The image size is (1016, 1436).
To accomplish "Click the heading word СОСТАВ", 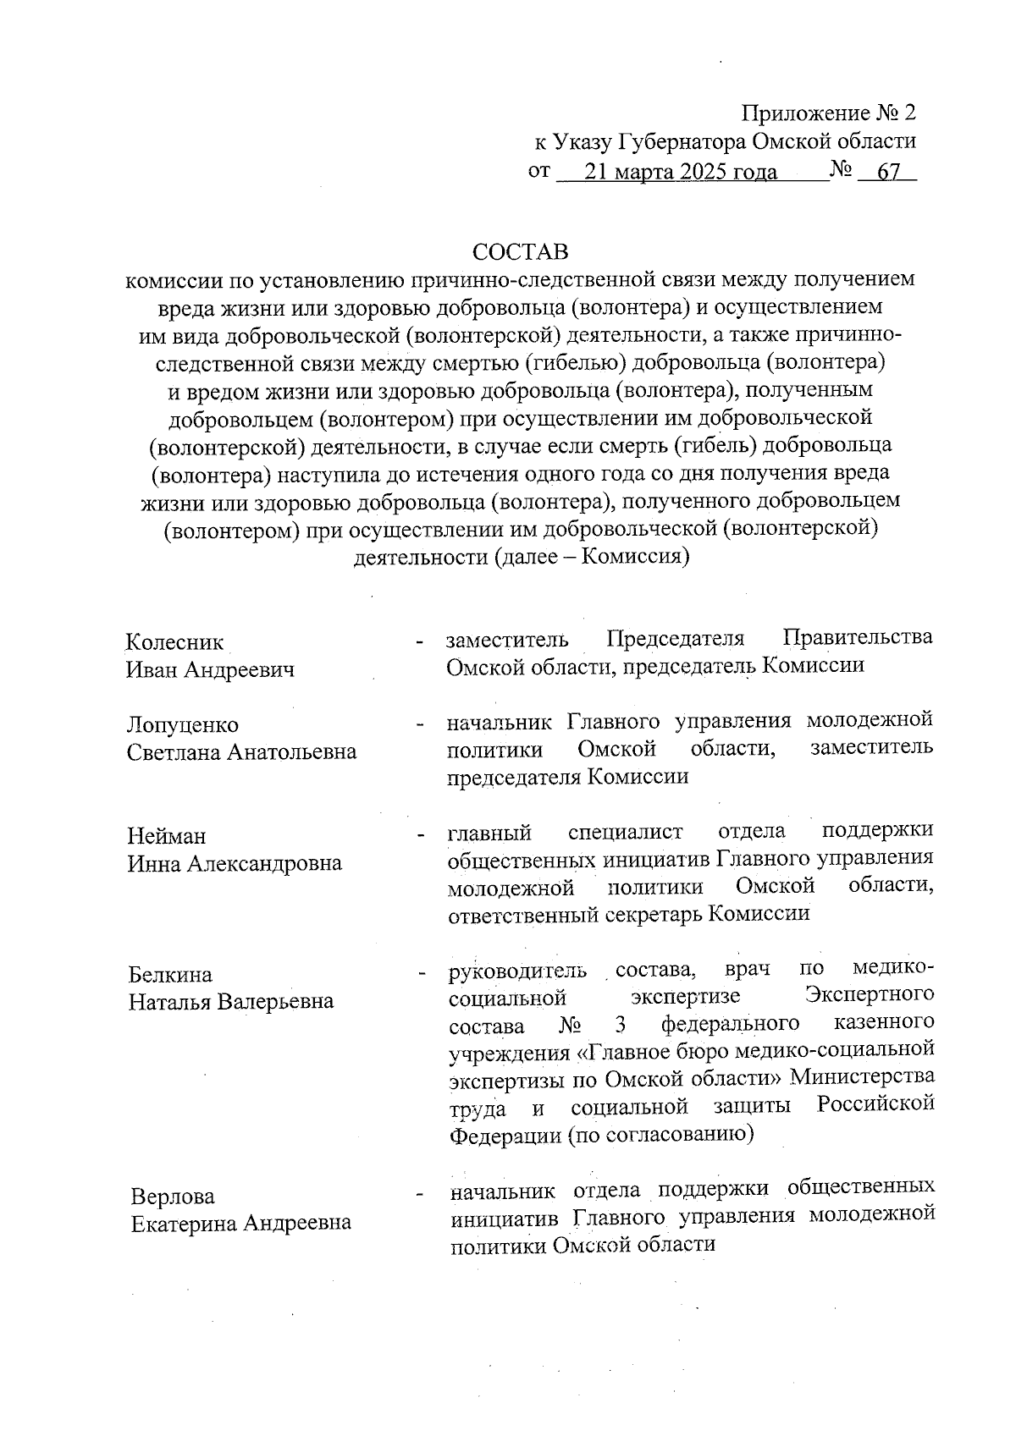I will point(521,252).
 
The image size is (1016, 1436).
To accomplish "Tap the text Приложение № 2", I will point(829,113).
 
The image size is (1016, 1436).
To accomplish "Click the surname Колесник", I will point(175,642).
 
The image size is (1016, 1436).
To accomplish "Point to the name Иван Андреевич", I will point(211,670).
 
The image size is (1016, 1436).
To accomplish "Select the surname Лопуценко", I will point(183,725).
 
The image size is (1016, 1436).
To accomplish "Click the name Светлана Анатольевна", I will point(242,752).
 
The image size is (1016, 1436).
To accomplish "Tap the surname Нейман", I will point(167,836).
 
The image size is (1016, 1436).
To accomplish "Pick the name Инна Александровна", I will point(235,864).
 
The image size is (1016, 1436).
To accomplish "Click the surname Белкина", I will point(170,975).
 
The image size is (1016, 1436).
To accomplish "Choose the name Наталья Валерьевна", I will point(231,1002).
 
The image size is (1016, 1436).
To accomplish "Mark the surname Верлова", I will point(173,1197).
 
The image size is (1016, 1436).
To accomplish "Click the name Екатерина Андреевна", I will point(241,1224).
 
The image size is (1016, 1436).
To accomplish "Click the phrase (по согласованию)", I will point(660,1134).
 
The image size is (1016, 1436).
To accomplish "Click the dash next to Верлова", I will point(419,1195).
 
